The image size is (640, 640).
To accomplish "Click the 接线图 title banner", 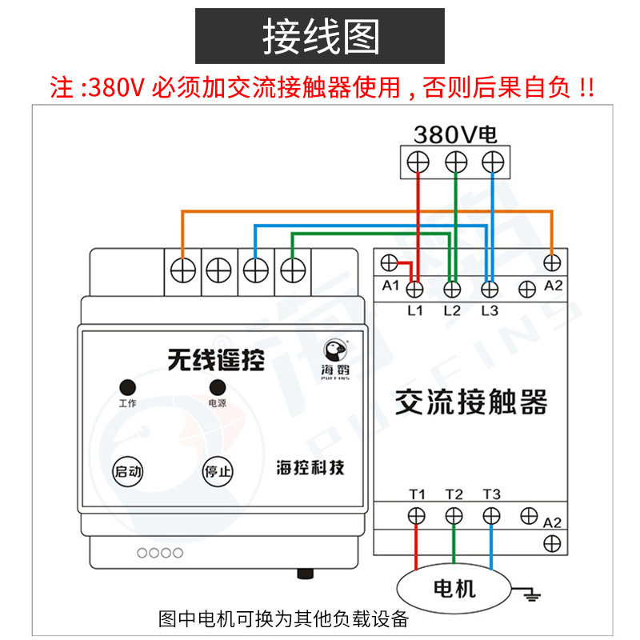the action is [x=320, y=36].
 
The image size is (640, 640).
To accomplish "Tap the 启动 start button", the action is [x=128, y=470].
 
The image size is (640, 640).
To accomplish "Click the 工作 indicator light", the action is [x=127, y=386].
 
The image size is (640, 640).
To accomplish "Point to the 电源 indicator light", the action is [x=217, y=386].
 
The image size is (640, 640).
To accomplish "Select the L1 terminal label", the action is [x=414, y=310].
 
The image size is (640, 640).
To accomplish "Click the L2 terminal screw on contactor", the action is [x=453, y=287].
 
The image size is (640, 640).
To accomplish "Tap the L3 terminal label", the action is [x=490, y=310].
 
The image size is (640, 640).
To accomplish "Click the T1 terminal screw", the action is [x=416, y=515].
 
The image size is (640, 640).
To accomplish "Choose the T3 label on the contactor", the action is [x=491, y=494].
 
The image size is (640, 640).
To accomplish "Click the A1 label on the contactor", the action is [x=390, y=286].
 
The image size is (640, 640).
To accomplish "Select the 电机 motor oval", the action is [x=454, y=590].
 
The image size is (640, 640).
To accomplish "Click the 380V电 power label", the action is [x=454, y=133].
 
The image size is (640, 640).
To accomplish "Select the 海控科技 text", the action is [x=310, y=467].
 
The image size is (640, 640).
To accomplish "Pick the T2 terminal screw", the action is [x=454, y=515].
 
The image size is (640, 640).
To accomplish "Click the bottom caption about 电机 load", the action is [x=284, y=618].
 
